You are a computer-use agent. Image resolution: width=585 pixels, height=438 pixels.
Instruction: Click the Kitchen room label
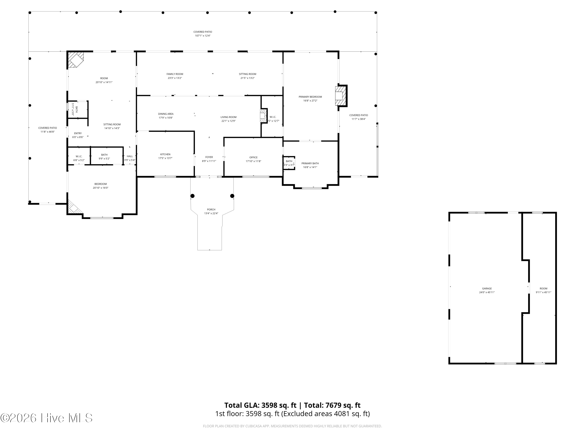click(x=165, y=154)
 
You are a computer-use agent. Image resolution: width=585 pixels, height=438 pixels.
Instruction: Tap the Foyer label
click(x=209, y=157)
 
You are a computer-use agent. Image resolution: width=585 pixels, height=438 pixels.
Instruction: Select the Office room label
click(x=253, y=157)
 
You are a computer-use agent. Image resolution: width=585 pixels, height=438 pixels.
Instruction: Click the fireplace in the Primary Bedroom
click(x=341, y=96)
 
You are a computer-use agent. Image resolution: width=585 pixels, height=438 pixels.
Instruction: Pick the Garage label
click(x=487, y=288)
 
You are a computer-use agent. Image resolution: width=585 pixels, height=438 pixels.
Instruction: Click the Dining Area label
click(x=166, y=114)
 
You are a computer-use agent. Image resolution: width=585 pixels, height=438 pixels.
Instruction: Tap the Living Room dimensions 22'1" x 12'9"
click(x=229, y=121)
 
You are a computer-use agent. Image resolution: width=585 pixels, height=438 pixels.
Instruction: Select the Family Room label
click(x=175, y=74)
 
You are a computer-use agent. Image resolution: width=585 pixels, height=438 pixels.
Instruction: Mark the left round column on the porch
click(x=192, y=196)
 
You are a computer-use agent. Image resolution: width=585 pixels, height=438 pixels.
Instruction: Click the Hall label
click(x=130, y=156)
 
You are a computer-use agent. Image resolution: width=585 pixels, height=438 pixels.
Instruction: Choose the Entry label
click(x=78, y=133)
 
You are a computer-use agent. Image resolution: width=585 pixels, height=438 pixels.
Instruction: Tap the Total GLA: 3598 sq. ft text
click(x=260, y=405)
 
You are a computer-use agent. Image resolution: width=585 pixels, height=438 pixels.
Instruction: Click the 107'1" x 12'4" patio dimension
click(x=203, y=36)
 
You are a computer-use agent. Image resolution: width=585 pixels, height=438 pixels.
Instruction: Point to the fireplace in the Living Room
click(x=263, y=116)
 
